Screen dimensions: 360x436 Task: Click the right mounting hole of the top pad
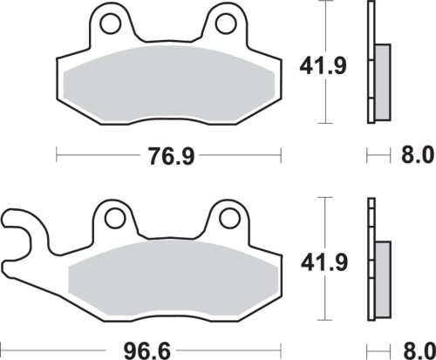[226, 19]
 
